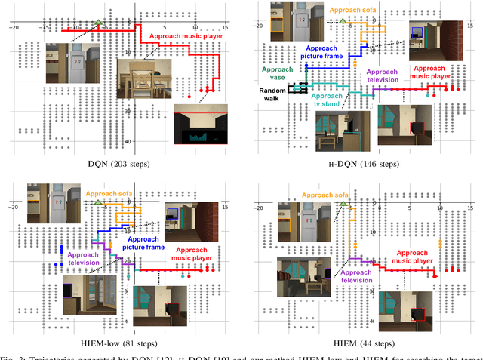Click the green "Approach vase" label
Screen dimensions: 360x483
pos(276,72)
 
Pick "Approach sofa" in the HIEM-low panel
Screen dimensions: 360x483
pos(111,194)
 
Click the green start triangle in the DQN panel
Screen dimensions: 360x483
pos(99,23)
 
